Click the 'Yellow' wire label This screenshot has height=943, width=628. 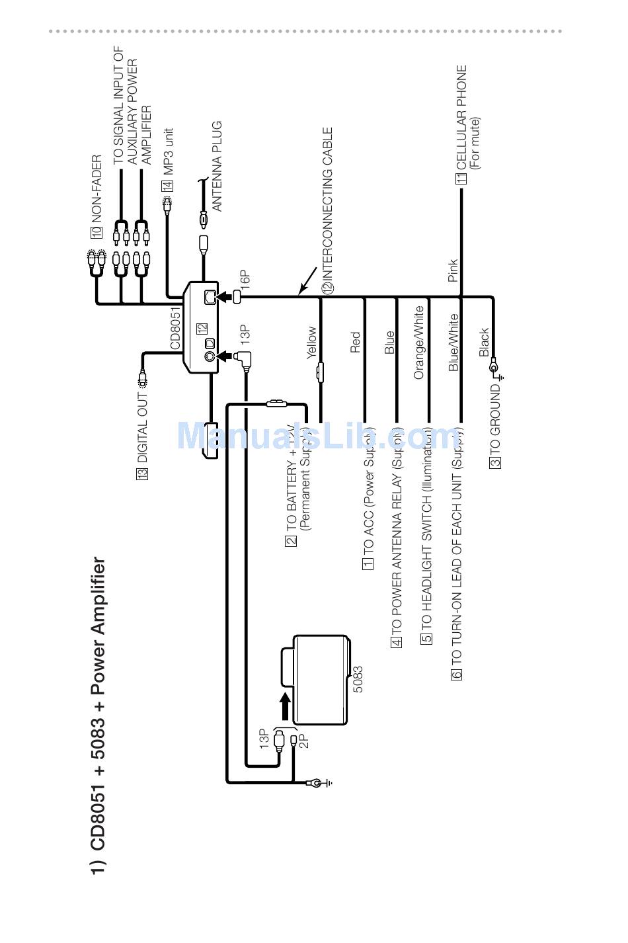pos(311,343)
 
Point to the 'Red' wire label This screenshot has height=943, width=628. pos(355,343)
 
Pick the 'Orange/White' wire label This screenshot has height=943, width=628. pos(418,343)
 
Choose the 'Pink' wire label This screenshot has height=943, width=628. pos(453,270)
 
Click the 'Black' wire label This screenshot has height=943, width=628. pos(484,342)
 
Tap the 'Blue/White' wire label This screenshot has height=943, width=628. pos(453,343)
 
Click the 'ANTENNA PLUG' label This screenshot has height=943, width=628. pos(217,166)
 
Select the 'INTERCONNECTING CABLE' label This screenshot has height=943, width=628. pos(328,205)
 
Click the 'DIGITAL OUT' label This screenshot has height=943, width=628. pos(142,429)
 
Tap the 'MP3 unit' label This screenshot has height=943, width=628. pos(169,153)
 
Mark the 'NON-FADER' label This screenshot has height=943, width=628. pos(97,187)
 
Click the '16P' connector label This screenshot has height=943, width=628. pos(246,277)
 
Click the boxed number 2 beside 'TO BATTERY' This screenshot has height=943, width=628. pos(292,540)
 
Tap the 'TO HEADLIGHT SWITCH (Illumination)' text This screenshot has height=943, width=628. pos(427,529)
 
